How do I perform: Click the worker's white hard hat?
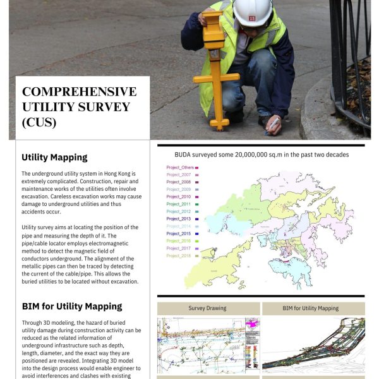[x=252, y=11]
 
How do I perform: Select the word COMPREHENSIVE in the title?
[x=79, y=92]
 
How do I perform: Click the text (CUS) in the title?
[x=39, y=123]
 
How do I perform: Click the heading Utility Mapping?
[x=54, y=157]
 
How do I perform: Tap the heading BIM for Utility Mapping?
[x=71, y=306]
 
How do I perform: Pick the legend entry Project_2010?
[x=179, y=197]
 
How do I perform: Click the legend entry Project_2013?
[x=179, y=219]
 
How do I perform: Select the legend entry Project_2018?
[x=179, y=256]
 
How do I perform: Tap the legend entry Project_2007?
[x=179, y=175]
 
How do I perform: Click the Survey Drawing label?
[x=207, y=308]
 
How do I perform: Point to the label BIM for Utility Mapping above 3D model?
[x=313, y=308]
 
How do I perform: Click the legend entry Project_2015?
[x=179, y=234]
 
